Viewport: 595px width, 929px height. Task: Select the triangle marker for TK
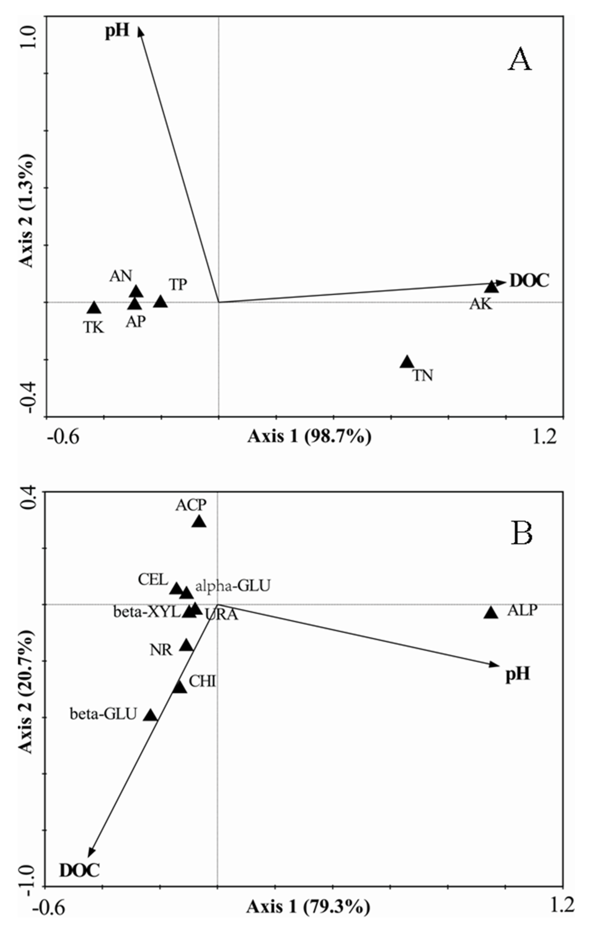[94, 308]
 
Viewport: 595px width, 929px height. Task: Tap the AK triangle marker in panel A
[492, 287]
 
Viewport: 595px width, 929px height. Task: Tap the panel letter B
[522, 534]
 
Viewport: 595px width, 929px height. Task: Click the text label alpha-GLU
[232, 586]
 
